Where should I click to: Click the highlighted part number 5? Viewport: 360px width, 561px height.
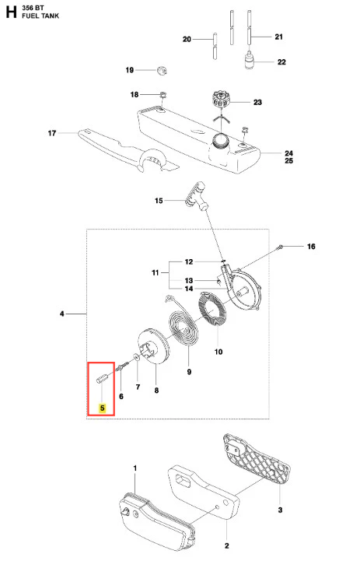103,408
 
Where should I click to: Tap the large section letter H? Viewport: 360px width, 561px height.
11,12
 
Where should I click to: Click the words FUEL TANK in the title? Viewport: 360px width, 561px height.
40,16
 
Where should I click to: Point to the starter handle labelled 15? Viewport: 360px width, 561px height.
197,197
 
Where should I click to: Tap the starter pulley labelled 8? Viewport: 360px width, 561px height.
153,346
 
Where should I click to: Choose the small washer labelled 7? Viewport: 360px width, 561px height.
136,357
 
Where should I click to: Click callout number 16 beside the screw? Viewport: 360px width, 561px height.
311,246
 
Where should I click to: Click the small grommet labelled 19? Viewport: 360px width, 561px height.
162,70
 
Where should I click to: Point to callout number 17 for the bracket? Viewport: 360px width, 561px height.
52,133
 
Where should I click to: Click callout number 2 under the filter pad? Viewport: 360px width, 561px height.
227,545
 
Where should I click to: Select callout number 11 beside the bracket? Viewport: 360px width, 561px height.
156,272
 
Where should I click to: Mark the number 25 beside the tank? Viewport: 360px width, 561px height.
289,160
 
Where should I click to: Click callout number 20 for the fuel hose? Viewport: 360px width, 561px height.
187,39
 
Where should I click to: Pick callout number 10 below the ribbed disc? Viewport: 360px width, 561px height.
218,352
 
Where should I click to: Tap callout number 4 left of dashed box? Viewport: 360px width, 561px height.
62,314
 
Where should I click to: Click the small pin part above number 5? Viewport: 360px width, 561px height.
101,379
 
